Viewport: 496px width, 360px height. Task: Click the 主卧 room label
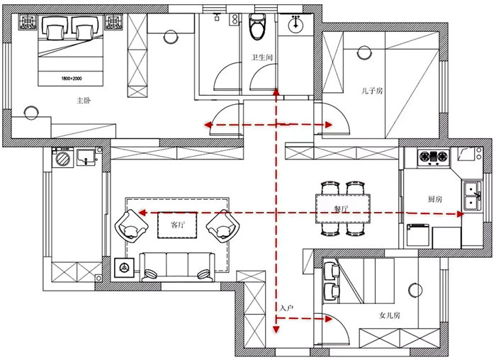tap(84, 101)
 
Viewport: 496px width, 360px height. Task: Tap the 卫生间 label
tap(261, 57)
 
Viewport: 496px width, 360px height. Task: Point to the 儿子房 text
tap(372, 91)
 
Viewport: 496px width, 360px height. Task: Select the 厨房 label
tap(435, 199)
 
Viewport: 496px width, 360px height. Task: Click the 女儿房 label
tap(390, 315)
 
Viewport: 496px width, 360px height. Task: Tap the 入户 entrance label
tap(287, 308)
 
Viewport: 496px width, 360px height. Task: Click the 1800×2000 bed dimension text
tap(72, 78)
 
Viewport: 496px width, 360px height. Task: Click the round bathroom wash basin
tap(295, 23)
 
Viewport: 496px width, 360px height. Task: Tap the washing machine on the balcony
tap(63, 157)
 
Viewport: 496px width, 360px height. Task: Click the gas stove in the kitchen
tap(434, 157)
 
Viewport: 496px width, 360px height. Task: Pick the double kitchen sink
tap(473, 196)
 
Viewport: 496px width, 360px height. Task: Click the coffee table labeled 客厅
tap(177, 225)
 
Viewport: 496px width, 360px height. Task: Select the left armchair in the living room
tap(132, 226)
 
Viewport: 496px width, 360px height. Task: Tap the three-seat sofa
tap(177, 267)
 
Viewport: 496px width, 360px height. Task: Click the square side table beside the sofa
tap(124, 268)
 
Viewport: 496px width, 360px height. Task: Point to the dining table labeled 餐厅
tap(343, 209)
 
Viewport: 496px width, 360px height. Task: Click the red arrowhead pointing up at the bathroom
tap(276, 92)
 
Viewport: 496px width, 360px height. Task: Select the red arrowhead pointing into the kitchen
tap(461, 214)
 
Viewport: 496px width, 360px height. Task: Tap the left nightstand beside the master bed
tap(28, 22)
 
